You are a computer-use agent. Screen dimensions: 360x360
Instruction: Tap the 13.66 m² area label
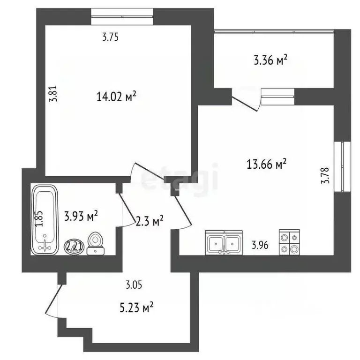266,164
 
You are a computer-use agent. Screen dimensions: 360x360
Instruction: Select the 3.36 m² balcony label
270,60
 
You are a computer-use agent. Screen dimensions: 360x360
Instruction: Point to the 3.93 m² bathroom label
81,217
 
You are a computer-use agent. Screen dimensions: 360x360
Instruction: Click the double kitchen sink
224,243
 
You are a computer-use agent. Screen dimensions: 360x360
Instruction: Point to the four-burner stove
289,243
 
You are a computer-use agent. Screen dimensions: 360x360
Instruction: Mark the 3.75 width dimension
110,38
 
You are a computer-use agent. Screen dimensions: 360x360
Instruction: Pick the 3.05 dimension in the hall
134,284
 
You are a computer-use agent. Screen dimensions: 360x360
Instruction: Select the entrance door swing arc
52,300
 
